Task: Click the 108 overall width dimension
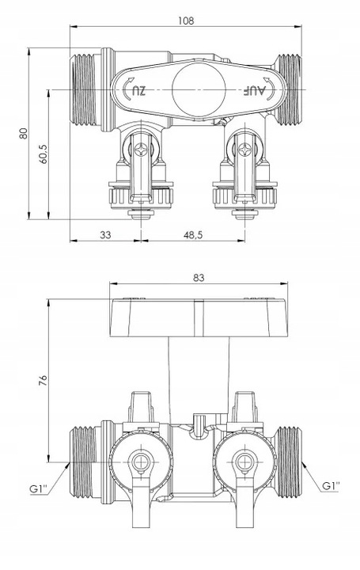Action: [186, 21]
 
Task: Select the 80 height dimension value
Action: [23, 134]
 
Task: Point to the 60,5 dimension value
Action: [44, 154]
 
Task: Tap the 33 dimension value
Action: [105, 235]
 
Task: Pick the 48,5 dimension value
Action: [193, 235]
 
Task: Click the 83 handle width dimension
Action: [199, 278]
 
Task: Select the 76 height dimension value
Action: [43, 381]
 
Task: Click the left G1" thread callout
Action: [39, 489]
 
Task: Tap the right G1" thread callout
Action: [331, 485]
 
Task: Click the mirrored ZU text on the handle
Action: [138, 90]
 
